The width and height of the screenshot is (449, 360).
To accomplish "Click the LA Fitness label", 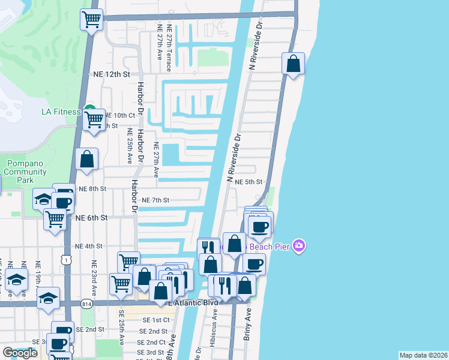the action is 60,112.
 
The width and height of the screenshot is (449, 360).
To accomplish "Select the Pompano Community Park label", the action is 25,172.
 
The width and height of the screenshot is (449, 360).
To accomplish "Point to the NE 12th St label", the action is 112,74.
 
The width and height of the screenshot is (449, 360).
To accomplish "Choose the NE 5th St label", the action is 249,182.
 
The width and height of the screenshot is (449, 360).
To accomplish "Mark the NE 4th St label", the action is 89,246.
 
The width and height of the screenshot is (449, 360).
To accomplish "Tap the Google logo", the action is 20,353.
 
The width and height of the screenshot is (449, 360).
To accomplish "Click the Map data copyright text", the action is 424,355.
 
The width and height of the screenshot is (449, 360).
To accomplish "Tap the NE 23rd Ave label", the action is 94,275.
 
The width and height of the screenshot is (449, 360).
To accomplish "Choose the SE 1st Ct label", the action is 152,320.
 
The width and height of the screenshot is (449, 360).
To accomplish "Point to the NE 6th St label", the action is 92,218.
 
